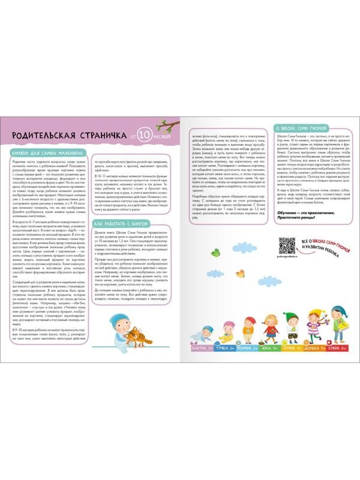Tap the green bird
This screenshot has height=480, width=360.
(x=213, y=255)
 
